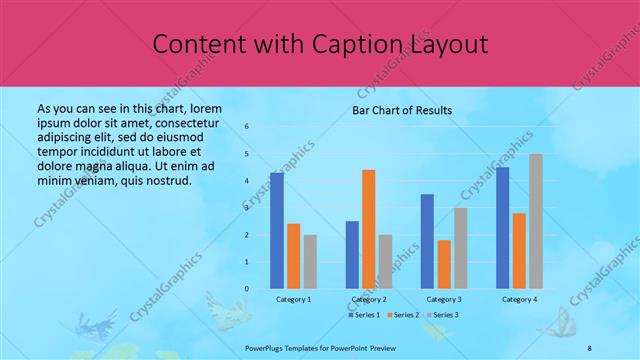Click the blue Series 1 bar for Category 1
[277, 231]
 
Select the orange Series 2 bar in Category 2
[368, 229]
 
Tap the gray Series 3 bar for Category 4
[536, 221]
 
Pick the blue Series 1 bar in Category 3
[428, 241]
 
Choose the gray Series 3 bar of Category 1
[310, 262]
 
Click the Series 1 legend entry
[365, 315]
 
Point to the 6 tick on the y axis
[247, 127]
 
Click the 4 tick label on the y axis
[247, 181]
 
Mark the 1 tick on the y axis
[247, 262]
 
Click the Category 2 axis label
[369, 299]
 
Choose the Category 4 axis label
[519, 299]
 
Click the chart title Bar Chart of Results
[402, 110]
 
